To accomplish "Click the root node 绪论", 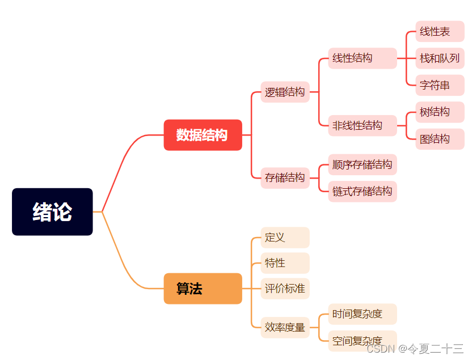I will point(52,211).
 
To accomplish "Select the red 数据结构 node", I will point(203,135).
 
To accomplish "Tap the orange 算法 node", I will point(203,289).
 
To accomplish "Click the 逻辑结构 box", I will point(285,92).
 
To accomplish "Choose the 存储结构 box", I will point(285,178).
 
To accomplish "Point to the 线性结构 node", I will point(362,58).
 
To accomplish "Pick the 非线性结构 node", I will point(362,125).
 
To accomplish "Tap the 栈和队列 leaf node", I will point(440,58).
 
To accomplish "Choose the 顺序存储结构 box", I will point(362,165).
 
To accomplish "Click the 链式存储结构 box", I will point(362,192).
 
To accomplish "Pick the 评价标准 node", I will point(285,289).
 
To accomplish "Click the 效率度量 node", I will point(285,327).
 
